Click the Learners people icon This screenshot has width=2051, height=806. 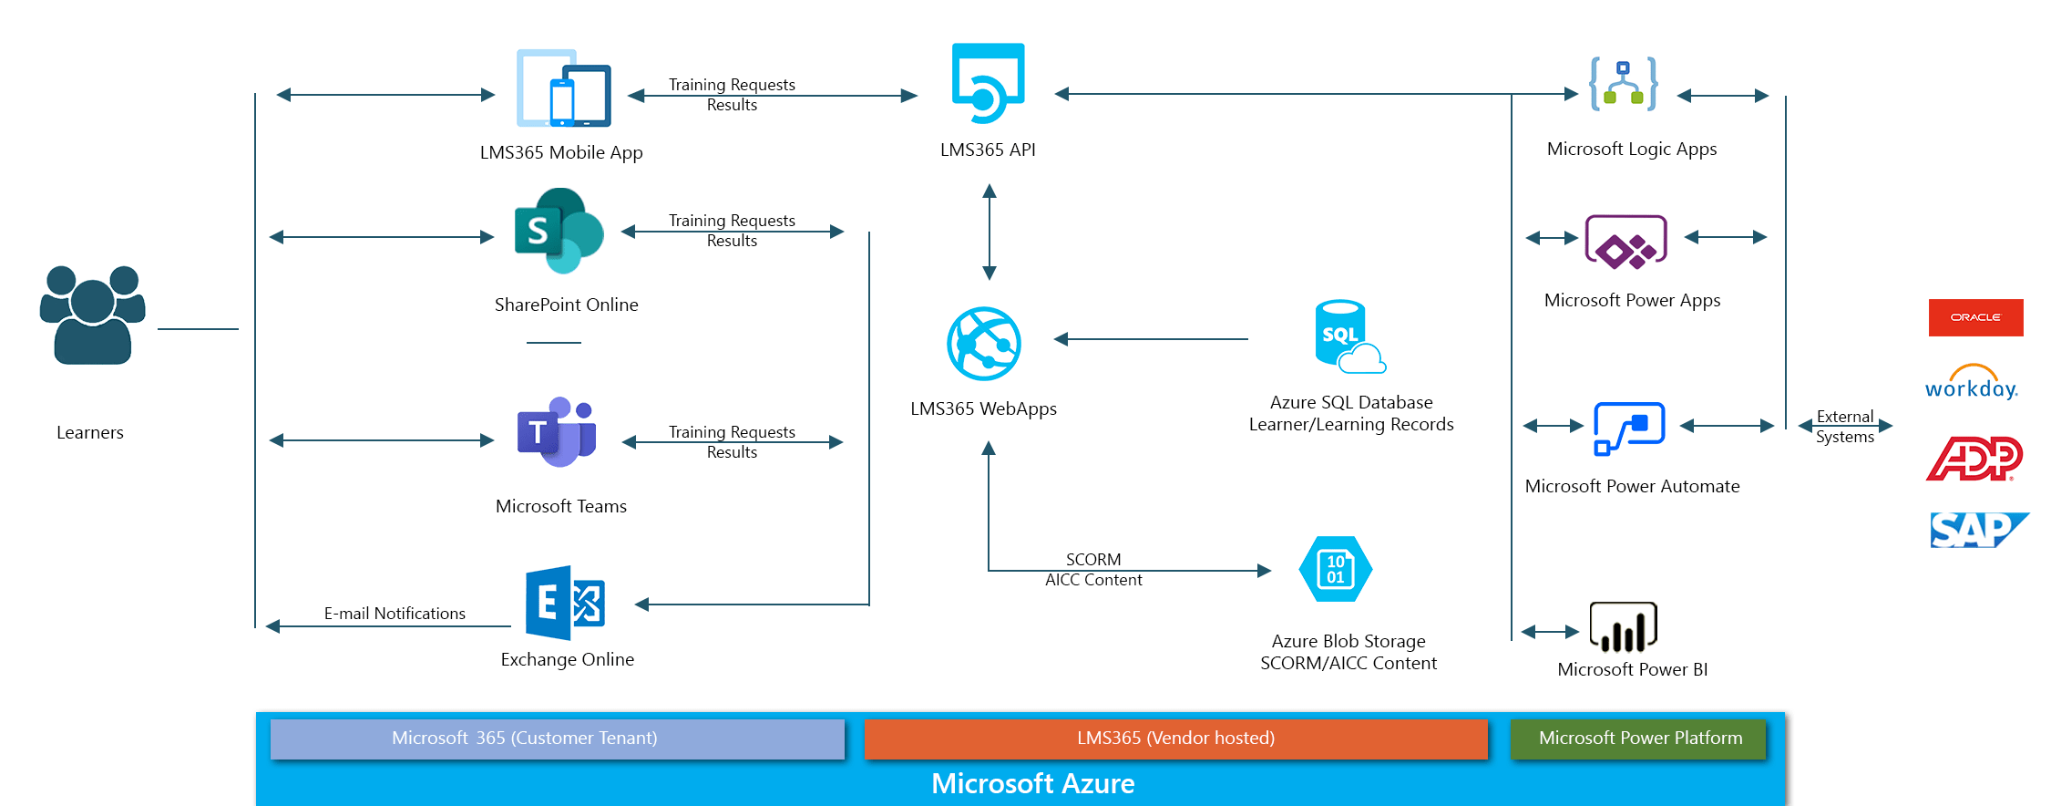[92, 315]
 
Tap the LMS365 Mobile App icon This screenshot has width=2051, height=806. [564, 88]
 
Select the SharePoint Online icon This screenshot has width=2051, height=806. [559, 231]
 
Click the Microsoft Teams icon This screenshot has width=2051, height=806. [557, 432]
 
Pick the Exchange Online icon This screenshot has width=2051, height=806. [565, 603]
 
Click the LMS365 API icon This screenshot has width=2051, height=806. [988, 83]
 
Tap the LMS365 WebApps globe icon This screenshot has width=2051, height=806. [984, 344]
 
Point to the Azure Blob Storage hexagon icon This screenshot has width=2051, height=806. [1336, 569]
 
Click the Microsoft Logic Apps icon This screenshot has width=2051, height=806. [1623, 84]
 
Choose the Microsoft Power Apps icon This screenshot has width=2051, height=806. [1626, 243]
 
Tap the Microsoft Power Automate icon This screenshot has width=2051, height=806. [1629, 428]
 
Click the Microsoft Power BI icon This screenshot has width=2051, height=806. [1623, 627]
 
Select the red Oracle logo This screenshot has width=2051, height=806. [1975, 317]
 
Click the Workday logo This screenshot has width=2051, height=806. [1971, 383]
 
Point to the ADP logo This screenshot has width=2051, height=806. [1974, 459]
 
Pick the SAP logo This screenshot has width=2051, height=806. [1977, 530]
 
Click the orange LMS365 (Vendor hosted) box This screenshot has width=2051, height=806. [1175, 739]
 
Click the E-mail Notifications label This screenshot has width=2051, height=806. [395, 614]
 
